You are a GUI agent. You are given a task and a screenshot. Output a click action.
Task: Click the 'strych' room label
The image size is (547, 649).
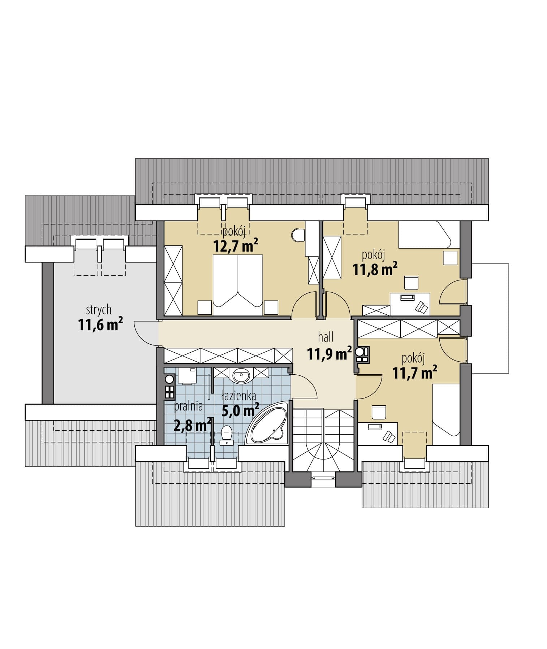[x=99, y=310]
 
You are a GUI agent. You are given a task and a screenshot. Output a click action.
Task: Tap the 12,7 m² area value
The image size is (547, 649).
[x=236, y=247]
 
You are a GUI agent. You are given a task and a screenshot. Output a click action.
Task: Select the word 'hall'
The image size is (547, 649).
[x=326, y=337]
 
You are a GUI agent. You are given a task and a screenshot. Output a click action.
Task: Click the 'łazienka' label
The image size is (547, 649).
[x=239, y=396]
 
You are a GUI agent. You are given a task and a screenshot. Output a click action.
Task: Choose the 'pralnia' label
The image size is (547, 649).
[x=188, y=406]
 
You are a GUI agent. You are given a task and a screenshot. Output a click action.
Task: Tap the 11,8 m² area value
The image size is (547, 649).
[x=375, y=269]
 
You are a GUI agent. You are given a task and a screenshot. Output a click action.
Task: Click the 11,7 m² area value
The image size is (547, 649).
[x=415, y=372]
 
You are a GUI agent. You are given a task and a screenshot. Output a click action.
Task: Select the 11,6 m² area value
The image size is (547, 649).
[x=100, y=324]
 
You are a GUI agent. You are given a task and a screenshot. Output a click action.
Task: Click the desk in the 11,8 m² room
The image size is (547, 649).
[x=410, y=304]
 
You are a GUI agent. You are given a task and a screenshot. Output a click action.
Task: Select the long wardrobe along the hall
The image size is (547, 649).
[x=228, y=356]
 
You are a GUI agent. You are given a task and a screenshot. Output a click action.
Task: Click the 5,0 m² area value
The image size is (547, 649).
[x=240, y=410]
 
